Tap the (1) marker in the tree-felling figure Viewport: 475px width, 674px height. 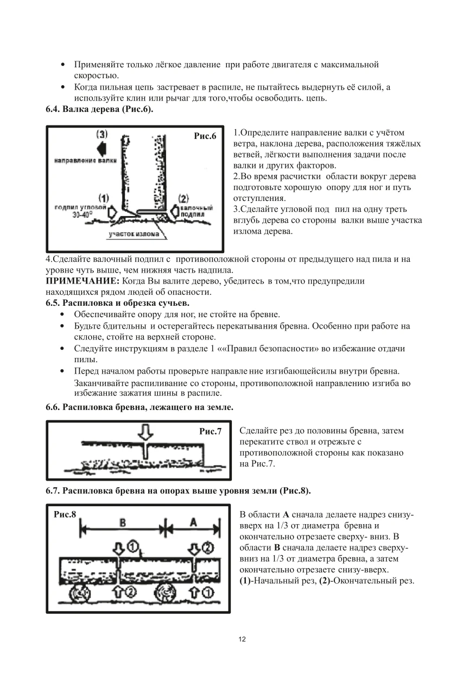(104, 199)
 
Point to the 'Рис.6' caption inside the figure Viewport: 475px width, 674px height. (205, 136)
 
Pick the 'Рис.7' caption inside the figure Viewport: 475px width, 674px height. (211, 432)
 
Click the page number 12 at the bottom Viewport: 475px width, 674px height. (242, 639)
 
